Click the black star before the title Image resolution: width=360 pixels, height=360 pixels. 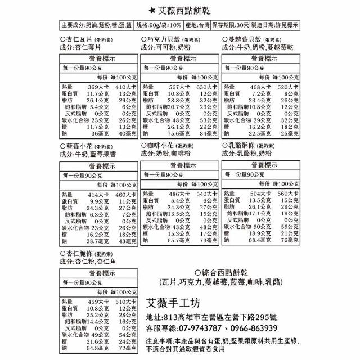point(152,11)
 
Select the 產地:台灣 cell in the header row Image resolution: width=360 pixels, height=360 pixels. point(197,26)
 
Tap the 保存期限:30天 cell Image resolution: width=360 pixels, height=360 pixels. point(231,26)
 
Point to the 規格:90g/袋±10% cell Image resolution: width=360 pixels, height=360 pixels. point(159,26)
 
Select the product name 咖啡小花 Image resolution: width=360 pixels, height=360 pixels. point(160,145)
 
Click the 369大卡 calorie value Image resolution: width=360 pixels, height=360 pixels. point(101,87)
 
